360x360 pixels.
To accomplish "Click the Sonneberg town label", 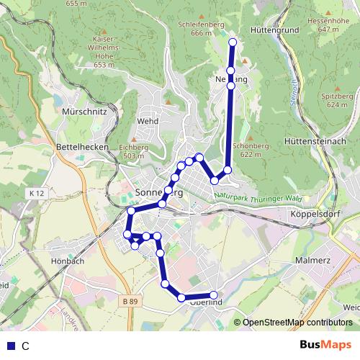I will click(x=159, y=193).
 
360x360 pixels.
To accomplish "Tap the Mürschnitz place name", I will click(x=85, y=112).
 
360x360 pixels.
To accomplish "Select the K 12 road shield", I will click(x=38, y=194).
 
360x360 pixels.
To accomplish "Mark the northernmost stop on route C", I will click(x=232, y=43).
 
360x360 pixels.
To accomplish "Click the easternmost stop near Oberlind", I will click(x=213, y=294).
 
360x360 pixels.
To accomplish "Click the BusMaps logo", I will click(x=326, y=346).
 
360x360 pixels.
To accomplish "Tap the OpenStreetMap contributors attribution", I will click(x=297, y=323).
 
